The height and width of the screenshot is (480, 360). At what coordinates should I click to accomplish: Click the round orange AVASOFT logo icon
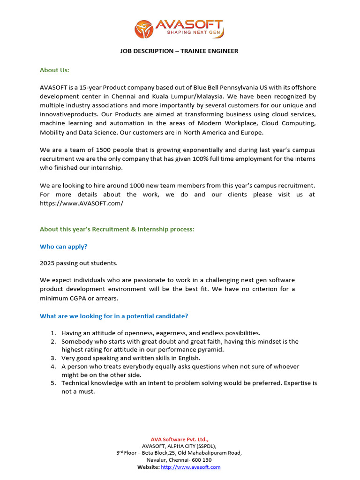(x=144, y=29)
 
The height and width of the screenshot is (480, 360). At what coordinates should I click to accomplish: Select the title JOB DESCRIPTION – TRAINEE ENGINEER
(x=180, y=51)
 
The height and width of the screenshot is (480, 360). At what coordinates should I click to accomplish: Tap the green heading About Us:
(x=54, y=70)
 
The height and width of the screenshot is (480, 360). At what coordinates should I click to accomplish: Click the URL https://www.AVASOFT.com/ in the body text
(x=82, y=203)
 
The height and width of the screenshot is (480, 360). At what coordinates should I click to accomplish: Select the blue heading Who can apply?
(x=64, y=246)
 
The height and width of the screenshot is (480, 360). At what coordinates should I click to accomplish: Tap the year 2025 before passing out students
(x=47, y=263)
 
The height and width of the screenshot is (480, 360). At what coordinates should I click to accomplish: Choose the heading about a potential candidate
(x=114, y=316)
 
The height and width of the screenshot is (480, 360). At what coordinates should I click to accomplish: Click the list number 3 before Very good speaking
(x=53, y=358)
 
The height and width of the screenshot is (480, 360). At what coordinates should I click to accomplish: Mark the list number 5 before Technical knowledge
(x=53, y=383)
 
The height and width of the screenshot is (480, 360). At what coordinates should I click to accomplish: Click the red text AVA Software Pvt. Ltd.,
(x=180, y=439)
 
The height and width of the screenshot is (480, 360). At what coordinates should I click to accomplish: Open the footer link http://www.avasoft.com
(x=190, y=467)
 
